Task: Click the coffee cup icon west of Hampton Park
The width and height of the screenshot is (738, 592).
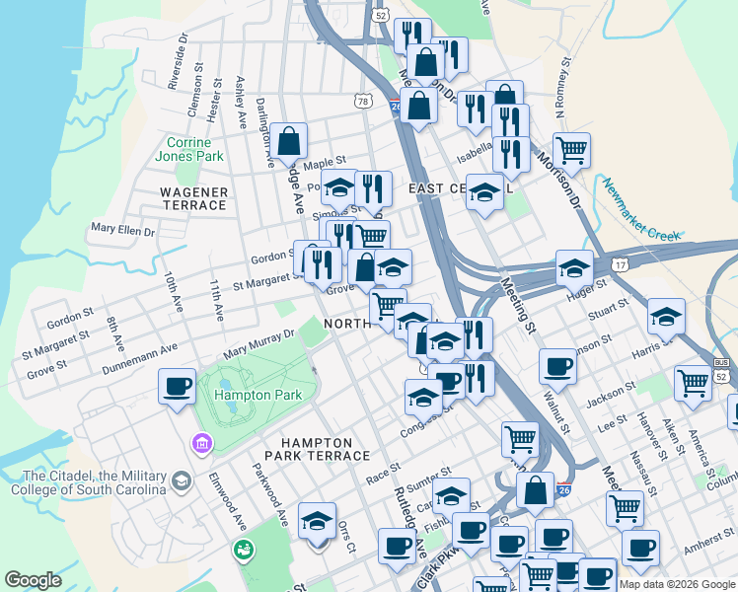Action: coord(178,386)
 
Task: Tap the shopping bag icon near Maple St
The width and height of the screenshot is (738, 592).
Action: coord(289,143)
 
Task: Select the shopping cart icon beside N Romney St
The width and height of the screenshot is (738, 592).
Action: coord(571,151)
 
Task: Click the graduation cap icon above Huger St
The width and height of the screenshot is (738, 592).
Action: coord(574,267)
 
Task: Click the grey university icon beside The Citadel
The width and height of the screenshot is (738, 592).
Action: coord(181,481)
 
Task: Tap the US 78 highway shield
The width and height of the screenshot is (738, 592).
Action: coord(363,102)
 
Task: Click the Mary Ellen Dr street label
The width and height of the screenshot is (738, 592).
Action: coord(122,230)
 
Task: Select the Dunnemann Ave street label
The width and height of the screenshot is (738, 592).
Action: coord(143,360)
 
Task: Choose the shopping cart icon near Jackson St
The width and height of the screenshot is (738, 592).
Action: coord(693,384)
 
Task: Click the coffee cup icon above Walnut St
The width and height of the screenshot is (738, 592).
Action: coord(557,367)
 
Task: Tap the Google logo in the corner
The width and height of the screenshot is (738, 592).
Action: coord(33,580)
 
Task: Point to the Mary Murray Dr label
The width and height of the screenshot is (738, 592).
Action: coord(259,343)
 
